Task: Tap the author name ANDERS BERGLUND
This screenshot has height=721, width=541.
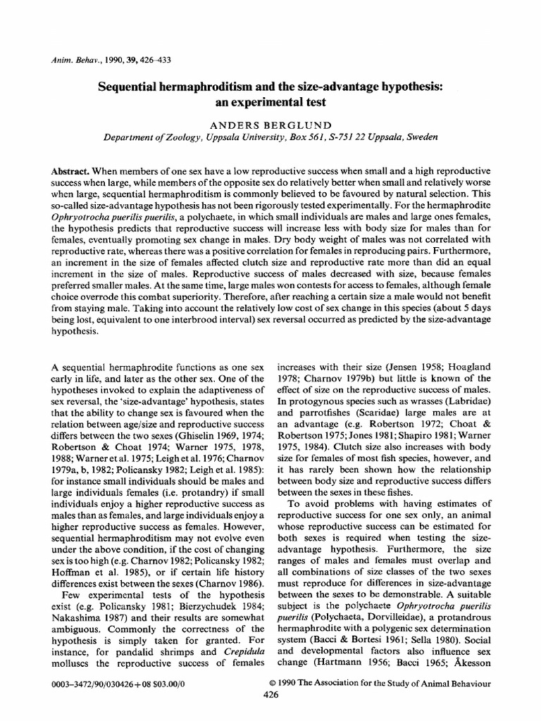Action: click(x=270, y=124)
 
